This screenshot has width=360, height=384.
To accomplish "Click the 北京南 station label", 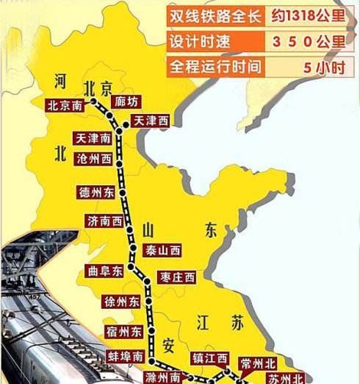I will (x=65, y=105).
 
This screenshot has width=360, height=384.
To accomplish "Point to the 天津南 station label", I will (x=93, y=138).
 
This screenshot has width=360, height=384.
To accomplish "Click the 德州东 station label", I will (x=96, y=193).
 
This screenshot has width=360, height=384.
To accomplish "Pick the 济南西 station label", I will (x=104, y=221).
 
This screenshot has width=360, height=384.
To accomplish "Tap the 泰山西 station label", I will (x=162, y=250).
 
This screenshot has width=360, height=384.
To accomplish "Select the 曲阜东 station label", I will (x=104, y=271).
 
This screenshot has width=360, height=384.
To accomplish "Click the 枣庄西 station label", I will (x=177, y=277).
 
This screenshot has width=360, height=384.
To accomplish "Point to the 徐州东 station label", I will (x=121, y=301).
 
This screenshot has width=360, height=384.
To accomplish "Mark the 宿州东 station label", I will (x=123, y=332).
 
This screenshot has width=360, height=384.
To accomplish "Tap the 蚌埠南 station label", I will (x=126, y=356).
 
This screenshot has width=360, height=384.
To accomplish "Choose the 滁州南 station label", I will (x=162, y=377).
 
